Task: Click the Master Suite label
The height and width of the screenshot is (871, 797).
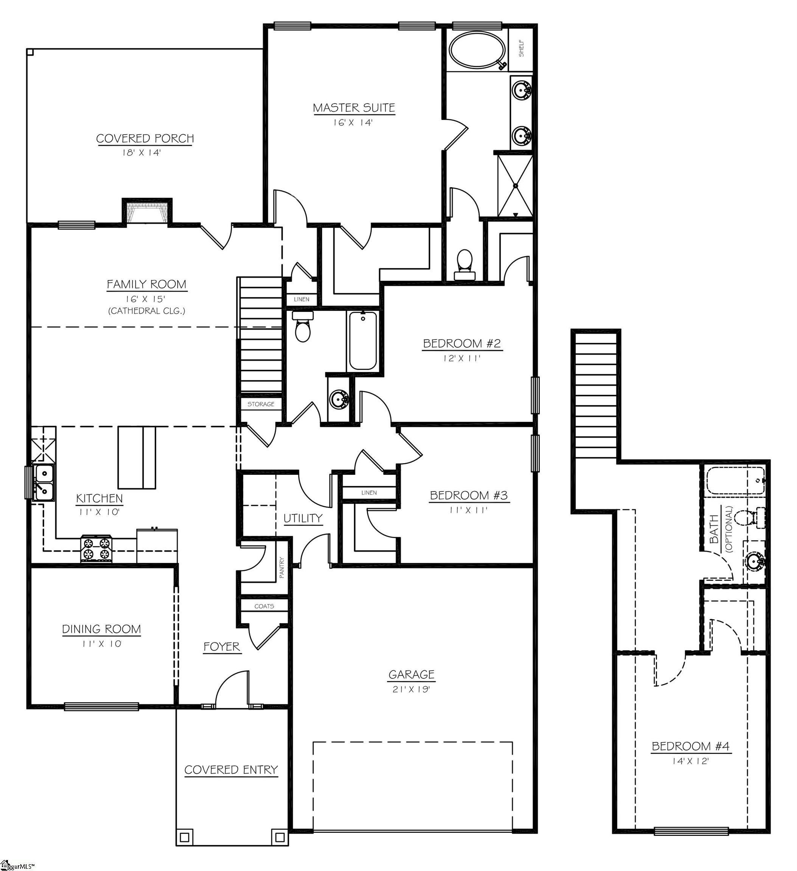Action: pyautogui.click(x=354, y=108)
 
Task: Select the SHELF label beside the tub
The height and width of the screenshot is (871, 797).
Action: pyautogui.click(x=522, y=48)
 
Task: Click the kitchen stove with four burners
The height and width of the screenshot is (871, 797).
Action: pyautogui.click(x=96, y=548)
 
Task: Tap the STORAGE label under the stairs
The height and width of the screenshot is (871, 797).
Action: pyautogui.click(x=261, y=404)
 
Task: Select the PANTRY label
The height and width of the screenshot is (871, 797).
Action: pyautogui.click(x=282, y=568)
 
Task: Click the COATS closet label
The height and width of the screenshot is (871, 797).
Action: pyautogui.click(x=264, y=606)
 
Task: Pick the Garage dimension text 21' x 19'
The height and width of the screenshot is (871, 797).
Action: pyautogui.click(x=411, y=689)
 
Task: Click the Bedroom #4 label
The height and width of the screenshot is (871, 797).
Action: pyautogui.click(x=690, y=746)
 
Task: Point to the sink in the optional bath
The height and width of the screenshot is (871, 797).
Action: pyautogui.click(x=755, y=562)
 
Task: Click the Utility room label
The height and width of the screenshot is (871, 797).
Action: pyautogui.click(x=303, y=518)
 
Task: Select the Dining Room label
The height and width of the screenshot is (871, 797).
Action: pyautogui.click(x=102, y=629)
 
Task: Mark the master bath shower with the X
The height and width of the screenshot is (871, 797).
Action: pyautogui.click(x=515, y=186)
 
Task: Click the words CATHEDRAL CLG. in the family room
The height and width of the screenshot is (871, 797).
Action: pyautogui.click(x=147, y=311)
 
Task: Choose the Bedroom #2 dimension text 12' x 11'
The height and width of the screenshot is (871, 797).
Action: pyautogui.click(x=461, y=358)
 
